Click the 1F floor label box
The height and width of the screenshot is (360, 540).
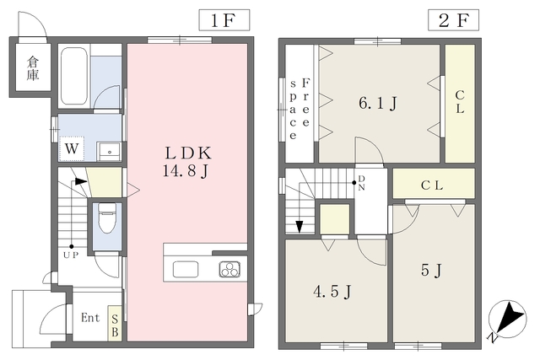(x=224, y=20)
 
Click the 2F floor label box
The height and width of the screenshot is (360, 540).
(x=453, y=20)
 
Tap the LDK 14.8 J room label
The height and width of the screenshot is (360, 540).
(x=187, y=162)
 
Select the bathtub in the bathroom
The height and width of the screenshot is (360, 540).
(x=73, y=76)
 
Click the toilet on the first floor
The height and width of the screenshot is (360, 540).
(x=106, y=218)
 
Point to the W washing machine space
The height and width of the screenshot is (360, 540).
(x=72, y=148)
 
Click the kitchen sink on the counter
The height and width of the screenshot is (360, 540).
(x=186, y=269)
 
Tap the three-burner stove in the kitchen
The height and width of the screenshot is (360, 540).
(x=229, y=269)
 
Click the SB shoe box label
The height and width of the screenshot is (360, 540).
(x=115, y=325)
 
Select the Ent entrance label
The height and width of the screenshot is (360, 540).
(x=90, y=317)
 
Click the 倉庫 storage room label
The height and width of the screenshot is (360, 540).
(x=33, y=68)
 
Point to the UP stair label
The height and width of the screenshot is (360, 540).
(x=71, y=255)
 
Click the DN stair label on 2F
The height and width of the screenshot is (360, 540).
(x=362, y=183)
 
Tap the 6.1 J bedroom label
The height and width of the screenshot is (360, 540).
(x=378, y=103)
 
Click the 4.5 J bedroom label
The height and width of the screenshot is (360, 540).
(x=332, y=292)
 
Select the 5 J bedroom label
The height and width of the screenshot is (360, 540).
(x=431, y=270)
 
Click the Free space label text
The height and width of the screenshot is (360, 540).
(x=300, y=109)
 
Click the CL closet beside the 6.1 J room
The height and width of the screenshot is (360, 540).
(x=460, y=103)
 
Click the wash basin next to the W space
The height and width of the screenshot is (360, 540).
(x=109, y=151)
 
